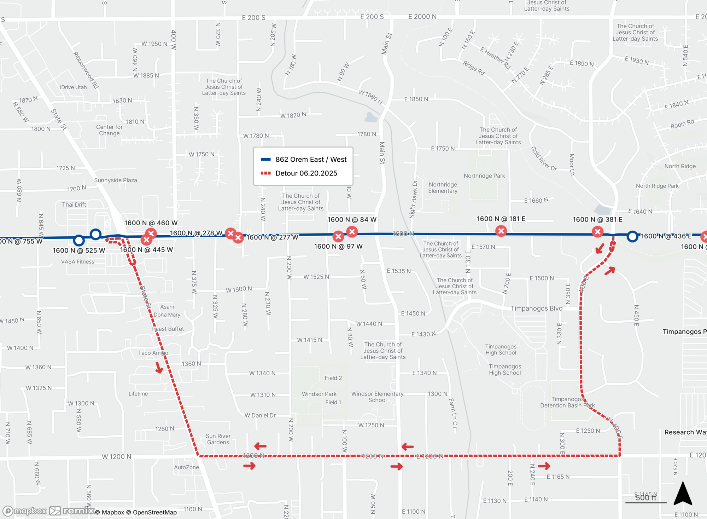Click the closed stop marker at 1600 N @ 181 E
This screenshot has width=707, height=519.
tap(501, 231)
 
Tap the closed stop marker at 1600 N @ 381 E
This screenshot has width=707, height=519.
tap(597, 232)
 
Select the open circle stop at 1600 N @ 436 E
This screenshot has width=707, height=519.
tap(632, 236)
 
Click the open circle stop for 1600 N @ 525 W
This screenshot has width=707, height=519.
tap(79, 241)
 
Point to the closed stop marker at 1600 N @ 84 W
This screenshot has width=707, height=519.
tap(352, 232)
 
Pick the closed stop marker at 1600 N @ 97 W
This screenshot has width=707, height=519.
tap(338, 236)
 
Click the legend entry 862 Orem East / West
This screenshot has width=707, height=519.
tap(304, 160)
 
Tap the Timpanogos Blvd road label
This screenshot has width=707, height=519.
tap(536, 308)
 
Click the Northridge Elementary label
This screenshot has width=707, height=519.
tap(443, 188)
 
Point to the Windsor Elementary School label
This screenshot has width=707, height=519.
tap(377, 397)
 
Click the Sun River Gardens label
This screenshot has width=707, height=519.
tap(218, 439)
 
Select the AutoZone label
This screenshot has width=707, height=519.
tap(186, 467)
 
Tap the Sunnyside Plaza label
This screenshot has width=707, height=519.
tap(115, 180)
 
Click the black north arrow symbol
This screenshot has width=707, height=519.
tap(683, 494)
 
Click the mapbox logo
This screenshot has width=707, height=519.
tap(25, 511)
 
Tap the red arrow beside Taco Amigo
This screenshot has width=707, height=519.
tap(159, 368)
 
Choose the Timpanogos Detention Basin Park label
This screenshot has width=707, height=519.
tap(567, 402)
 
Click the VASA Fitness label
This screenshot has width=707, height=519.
tap(77, 262)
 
